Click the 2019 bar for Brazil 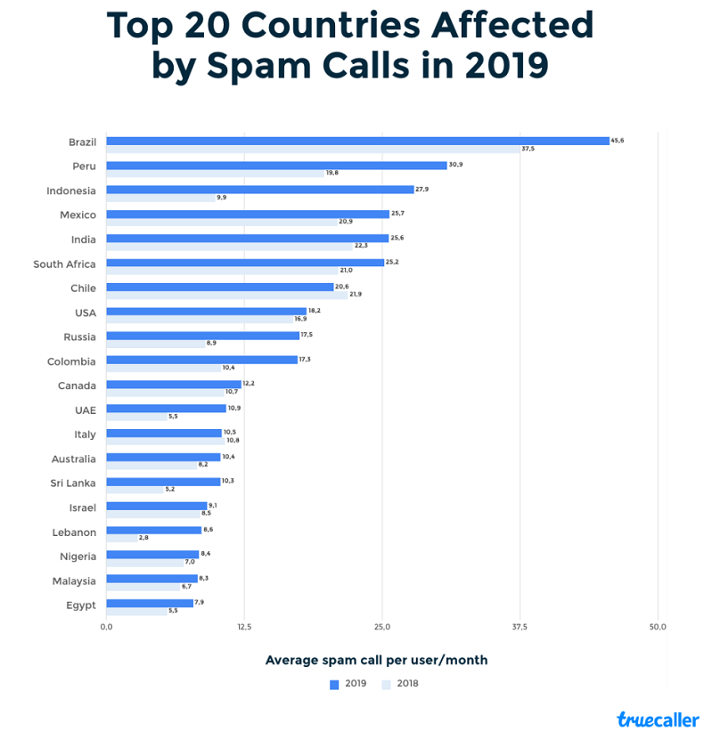tap(356, 141)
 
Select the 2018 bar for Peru tap(215, 173)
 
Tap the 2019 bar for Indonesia tap(260, 190)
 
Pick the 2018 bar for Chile tap(226, 295)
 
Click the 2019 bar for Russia tap(202, 336)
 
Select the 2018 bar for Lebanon tap(121, 538)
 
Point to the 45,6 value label tap(618, 140)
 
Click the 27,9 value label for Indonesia tap(422, 189)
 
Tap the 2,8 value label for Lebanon tap(143, 538)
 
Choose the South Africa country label tap(64, 264)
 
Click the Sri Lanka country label tap(73, 483)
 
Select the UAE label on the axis tap(85, 410)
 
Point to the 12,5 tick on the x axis tap(244, 627)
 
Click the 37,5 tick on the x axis tap(520, 627)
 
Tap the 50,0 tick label tap(657, 627)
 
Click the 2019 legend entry tap(348, 684)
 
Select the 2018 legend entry tap(400, 684)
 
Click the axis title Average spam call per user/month tap(376, 660)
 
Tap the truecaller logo tap(658, 719)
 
